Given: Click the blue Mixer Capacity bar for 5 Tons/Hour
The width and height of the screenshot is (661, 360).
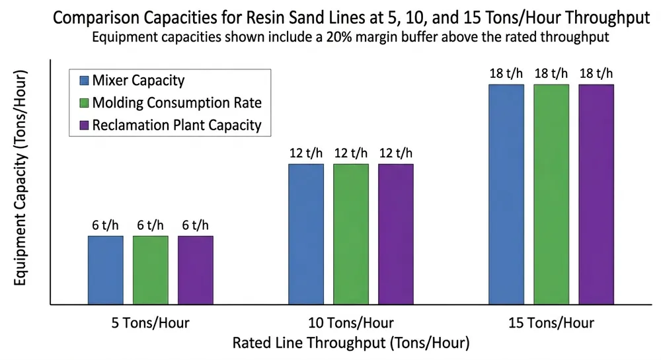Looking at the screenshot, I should [x=105, y=270].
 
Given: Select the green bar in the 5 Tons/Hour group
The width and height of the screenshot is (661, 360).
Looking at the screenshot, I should [x=150, y=270].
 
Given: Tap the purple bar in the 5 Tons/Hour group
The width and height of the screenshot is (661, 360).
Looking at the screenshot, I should [x=195, y=270].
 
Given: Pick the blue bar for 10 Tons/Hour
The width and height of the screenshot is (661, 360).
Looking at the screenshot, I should [x=305, y=234].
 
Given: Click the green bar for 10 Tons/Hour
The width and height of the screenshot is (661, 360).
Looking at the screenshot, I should [x=350, y=234].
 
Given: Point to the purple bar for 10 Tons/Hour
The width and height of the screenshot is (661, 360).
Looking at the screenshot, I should [x=395, y=234].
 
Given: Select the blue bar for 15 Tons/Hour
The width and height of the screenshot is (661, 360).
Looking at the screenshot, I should [x=506, y=194].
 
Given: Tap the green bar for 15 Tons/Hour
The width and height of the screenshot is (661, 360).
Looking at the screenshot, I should [x=551, y=194].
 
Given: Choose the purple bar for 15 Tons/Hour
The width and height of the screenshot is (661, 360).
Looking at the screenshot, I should [x=596, y=194].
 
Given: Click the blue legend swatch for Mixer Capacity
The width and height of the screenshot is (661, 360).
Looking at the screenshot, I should [x=83, y=81].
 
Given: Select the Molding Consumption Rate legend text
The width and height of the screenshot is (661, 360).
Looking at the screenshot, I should [x=177, y=102].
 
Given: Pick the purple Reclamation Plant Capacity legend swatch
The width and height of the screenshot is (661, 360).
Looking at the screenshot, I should [x=83, y=124].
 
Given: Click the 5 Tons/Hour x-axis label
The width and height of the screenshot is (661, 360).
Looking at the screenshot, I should [x=150, y=324].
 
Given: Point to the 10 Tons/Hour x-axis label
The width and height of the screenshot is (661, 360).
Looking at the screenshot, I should [x=350, y=324].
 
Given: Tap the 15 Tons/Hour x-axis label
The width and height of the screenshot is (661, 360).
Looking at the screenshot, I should [x=551, y=324].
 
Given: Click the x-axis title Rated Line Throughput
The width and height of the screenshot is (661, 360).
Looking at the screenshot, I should [x=350, y=343].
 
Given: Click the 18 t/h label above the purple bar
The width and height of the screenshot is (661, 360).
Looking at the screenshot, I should [x=596, y=73].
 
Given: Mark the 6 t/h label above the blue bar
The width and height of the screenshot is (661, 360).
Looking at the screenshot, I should [x=105, y=225].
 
